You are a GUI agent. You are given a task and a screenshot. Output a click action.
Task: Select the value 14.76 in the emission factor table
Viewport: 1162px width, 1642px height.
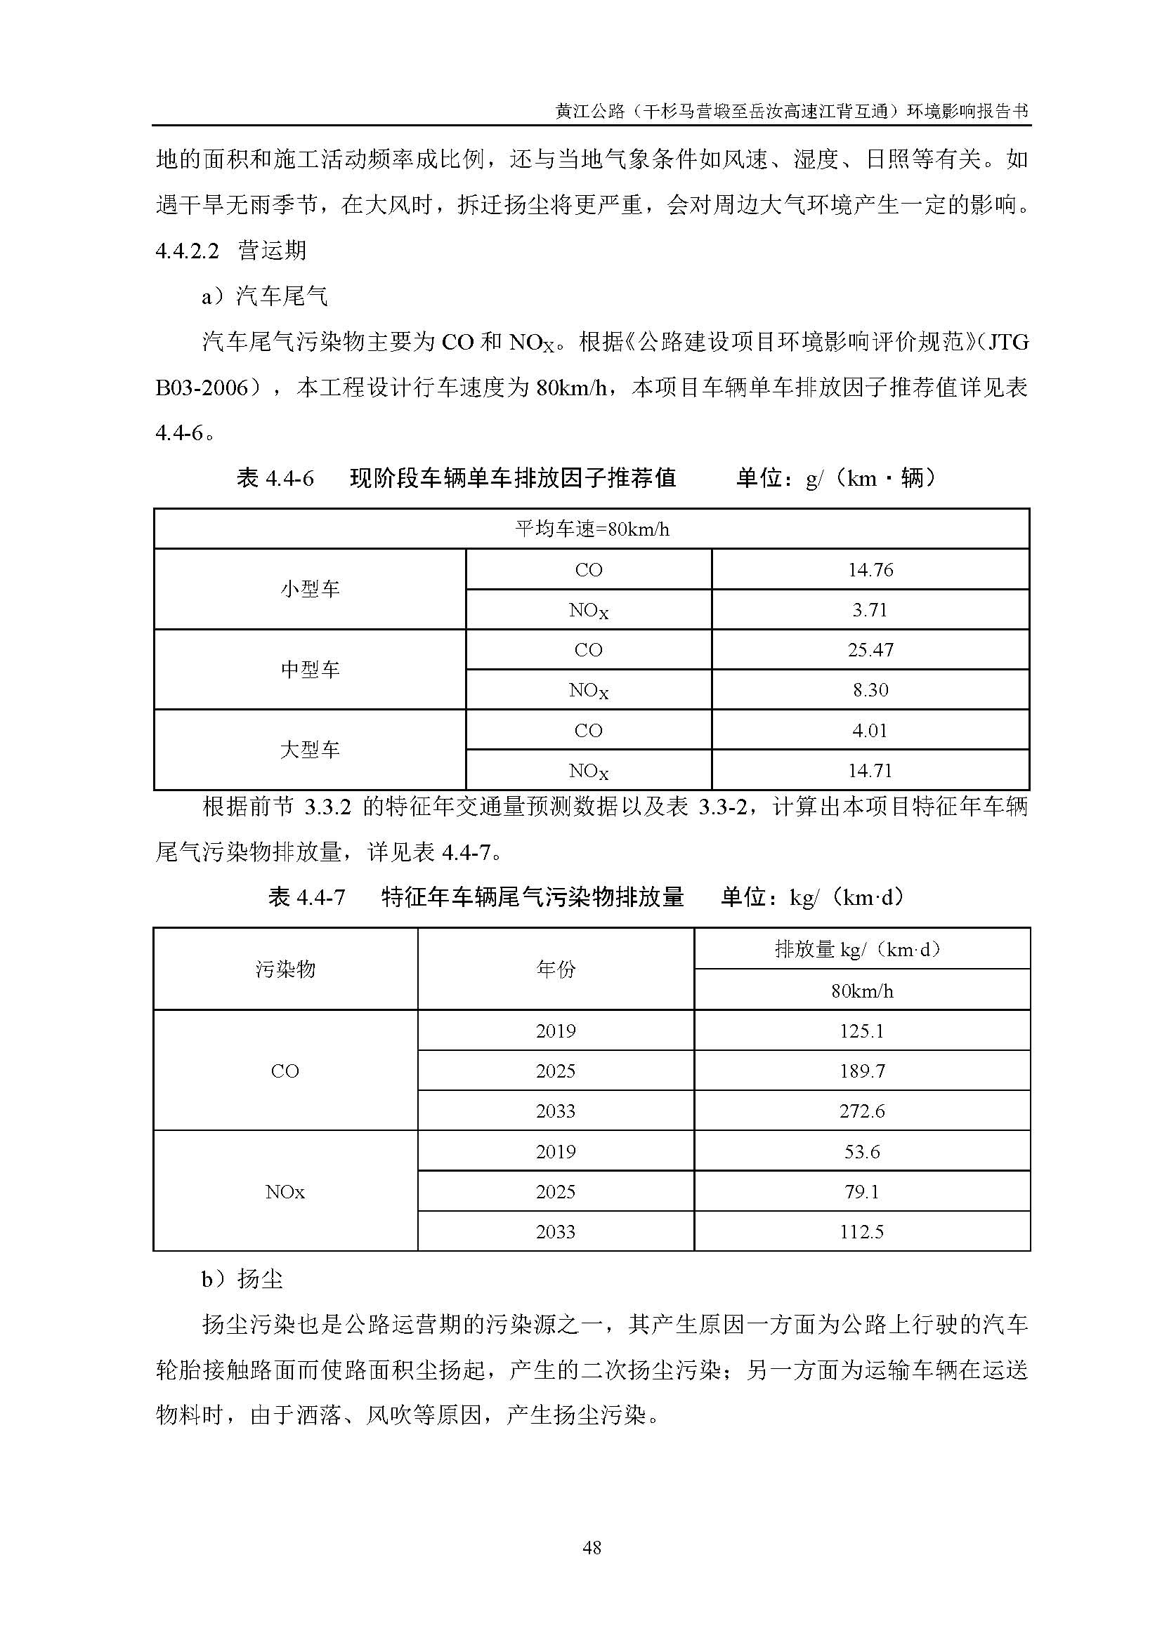point(870,569)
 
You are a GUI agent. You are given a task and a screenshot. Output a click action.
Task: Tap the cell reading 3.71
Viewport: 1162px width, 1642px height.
point(870,609)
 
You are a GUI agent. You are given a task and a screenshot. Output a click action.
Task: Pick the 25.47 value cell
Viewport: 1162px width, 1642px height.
point(870,649)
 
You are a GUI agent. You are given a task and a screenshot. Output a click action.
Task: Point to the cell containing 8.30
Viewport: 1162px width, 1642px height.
point(870,689)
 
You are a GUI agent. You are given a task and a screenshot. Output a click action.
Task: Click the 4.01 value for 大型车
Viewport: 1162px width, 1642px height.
point(870,730)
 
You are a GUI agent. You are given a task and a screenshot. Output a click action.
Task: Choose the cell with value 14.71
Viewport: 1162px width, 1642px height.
point(870,770)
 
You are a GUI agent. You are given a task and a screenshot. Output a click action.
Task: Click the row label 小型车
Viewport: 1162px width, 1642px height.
point(310,589)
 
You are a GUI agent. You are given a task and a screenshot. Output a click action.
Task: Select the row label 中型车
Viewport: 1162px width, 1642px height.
point(310,670)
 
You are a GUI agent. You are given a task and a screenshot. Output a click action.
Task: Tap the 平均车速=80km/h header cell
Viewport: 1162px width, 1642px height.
point(592,529)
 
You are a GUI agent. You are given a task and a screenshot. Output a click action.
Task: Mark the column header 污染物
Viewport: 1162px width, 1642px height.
point(285,969)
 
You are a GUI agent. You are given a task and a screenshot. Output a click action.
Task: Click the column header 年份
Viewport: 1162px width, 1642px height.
point(555,969)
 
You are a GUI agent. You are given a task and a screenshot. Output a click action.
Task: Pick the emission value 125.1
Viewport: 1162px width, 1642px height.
point(861,1031)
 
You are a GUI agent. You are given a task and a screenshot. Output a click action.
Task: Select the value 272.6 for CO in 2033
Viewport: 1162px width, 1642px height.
point(861,1111)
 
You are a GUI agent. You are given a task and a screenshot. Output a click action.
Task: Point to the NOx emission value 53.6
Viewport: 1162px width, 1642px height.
point(861,1151)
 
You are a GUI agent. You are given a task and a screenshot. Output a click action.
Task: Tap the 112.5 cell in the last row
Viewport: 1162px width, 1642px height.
point(861,1231)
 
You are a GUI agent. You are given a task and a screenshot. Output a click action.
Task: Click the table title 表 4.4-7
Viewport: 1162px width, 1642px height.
point(307,896)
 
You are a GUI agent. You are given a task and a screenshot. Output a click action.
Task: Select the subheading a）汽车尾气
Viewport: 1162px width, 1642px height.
point(265,296)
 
